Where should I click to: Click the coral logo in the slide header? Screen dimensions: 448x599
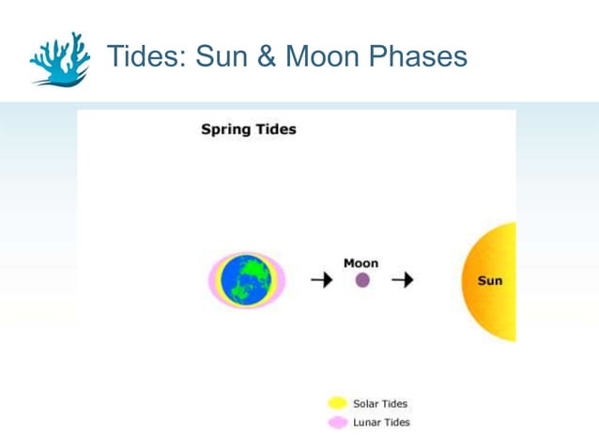(59, 59)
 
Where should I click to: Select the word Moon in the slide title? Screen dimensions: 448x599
(325, 56)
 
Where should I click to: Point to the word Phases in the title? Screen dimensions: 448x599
(420, 56)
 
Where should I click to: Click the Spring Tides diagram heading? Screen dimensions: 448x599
(248, 129)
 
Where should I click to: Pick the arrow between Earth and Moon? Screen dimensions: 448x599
(321, 280)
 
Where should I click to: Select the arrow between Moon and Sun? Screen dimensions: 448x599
(403, 280)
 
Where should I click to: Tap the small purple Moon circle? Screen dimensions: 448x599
(362, 280)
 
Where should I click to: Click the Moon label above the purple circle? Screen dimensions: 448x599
(361, 263)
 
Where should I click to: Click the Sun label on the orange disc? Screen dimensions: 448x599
(489, 281)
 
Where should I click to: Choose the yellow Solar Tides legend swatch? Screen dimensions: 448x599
(337, 404)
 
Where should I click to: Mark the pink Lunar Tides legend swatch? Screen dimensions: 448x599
(337, 423)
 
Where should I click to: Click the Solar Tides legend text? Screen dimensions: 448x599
(380, 404)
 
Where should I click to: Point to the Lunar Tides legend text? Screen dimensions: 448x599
(381, 423)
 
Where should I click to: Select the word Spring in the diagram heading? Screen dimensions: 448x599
(223, 129)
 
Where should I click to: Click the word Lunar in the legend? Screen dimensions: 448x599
(367, 423)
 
